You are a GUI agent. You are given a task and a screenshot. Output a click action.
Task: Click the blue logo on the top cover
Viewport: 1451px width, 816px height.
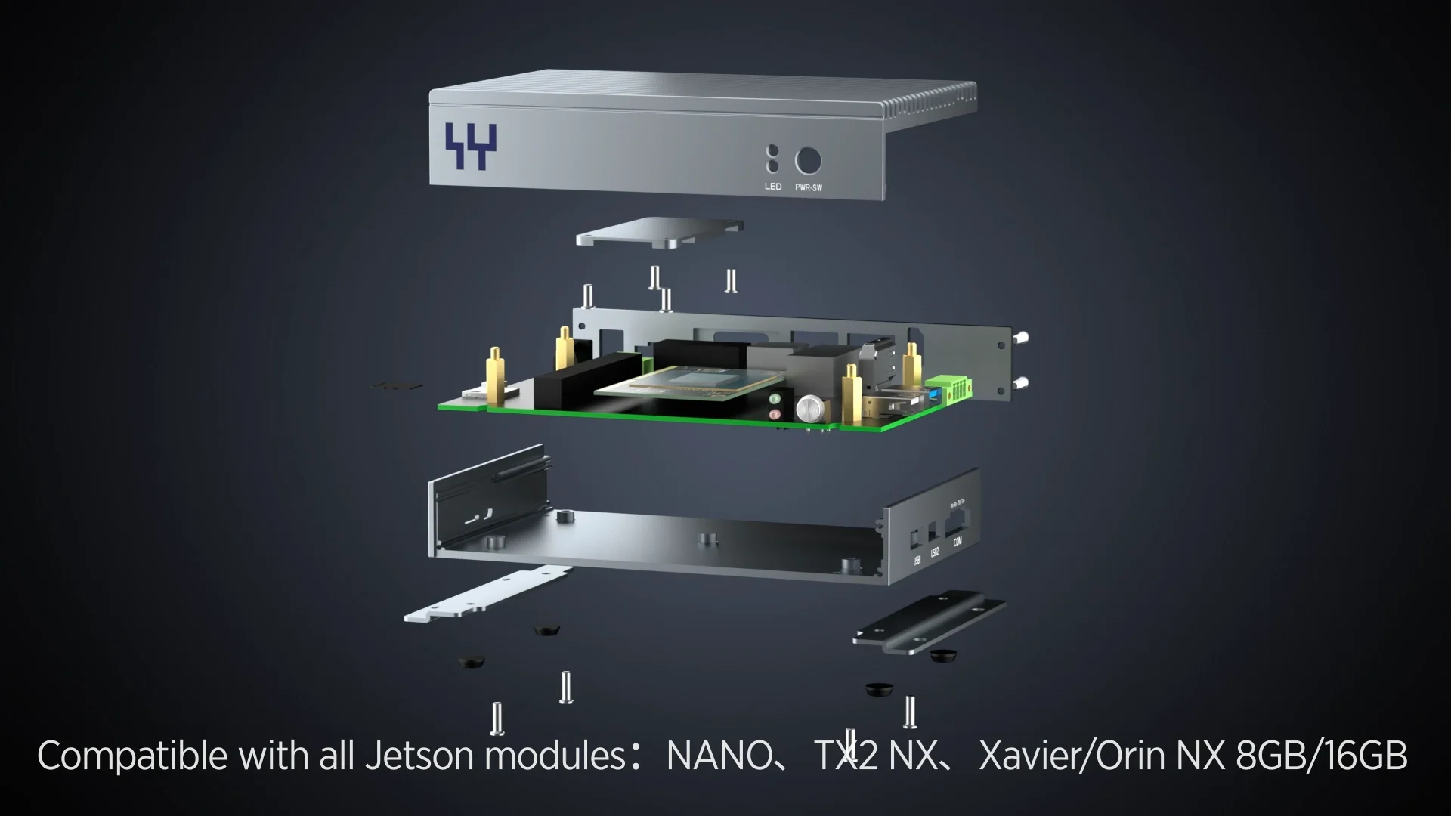[x=471, y=146]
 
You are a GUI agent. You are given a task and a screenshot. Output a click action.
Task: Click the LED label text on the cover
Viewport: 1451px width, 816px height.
[x=772, y=187]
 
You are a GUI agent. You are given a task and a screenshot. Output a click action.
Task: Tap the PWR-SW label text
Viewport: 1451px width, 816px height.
[x=808, y=187]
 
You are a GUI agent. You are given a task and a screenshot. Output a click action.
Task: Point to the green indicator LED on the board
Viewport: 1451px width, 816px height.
[x=775, y=398]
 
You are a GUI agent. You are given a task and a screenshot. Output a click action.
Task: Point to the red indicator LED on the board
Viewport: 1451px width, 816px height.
[x=775, y=415]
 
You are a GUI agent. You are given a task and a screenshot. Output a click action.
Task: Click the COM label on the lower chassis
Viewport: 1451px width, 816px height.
[x=958, y=541]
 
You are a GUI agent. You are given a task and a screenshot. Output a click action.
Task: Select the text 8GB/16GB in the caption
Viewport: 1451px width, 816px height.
[x=1321, y=756]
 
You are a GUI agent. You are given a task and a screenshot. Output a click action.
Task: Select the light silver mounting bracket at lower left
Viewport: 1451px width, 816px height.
[x=487, y=595]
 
